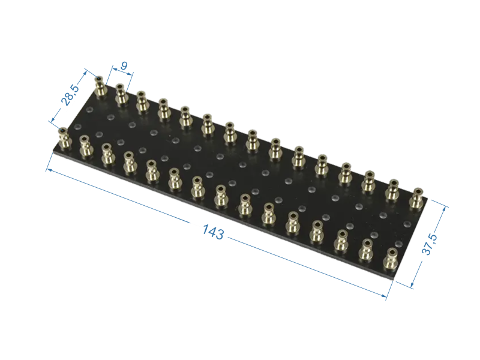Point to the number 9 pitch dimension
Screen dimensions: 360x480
124,65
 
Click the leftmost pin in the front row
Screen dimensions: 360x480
64,139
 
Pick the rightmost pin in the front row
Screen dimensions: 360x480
391,259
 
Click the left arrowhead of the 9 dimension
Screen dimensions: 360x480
113,68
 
